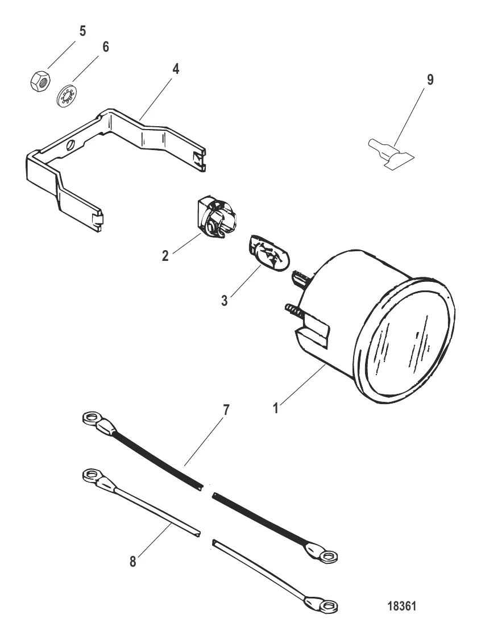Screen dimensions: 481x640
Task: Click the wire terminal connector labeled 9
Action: tap(389, 154)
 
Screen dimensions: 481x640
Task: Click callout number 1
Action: tap(276, 408)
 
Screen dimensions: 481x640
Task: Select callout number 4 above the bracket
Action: tap(176, 69)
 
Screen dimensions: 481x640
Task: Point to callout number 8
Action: tap(132, 562)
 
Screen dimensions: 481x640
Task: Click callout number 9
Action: tap(430, 80)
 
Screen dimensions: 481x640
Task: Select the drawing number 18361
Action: tap(402, 606)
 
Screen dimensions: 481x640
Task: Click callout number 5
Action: tap(82, 31)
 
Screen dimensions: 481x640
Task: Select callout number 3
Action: tap(224, 301)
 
